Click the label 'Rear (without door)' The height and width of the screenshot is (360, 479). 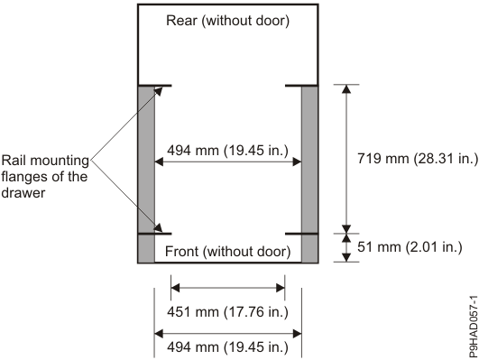point(227,22)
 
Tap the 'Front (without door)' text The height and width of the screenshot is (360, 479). point(227,251)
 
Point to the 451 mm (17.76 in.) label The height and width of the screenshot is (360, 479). point(227,313)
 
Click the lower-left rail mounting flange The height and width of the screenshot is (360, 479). point(154,234)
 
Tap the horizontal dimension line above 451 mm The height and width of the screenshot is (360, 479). point(227,289)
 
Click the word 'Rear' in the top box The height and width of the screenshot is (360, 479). point(183,22)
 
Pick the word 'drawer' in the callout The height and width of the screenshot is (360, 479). point(23,192)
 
